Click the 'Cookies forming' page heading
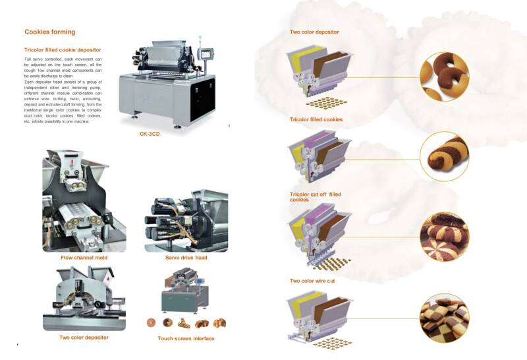(50, 32)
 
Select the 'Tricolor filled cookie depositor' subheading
(63, 49)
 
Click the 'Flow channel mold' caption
(83, 257)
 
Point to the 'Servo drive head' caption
(186, 257)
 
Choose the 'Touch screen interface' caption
(186, 338)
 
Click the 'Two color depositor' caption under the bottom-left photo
(84, 337)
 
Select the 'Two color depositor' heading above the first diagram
(314, 32)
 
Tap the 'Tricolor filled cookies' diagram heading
(316, 119)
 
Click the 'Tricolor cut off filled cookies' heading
(316, 196)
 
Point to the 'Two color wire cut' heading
(312, 280)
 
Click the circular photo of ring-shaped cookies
(444, 76)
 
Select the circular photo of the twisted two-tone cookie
(444, 158)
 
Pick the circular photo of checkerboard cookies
(444, 318)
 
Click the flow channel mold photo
(84, 200)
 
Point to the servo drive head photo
(186, 222)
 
